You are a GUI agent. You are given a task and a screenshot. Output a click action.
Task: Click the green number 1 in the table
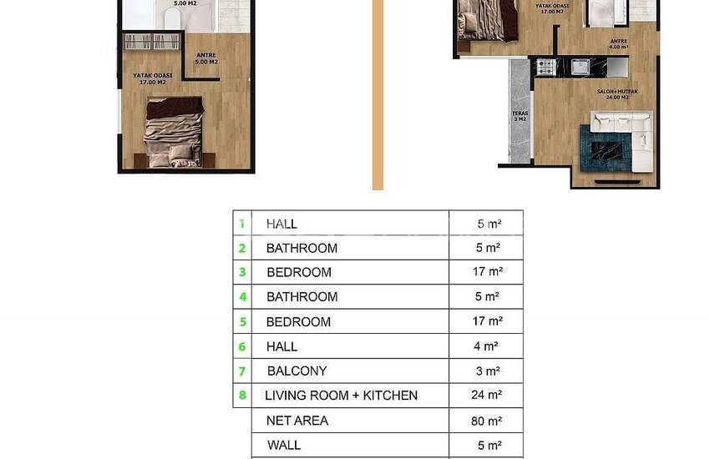(x=242, y=223)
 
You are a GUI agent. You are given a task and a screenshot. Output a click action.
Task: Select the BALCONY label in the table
(x=297, y=371)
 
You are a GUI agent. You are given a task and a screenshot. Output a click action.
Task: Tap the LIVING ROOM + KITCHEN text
(x=341, y=395)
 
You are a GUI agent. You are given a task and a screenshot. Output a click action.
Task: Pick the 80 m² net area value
(x=488, y=421)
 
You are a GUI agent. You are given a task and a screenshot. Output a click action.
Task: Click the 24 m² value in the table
(x=488, y=396)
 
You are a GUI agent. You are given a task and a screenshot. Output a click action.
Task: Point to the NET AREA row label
(x=297, y=421)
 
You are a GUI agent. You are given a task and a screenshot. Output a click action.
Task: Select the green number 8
(x=243, y=395)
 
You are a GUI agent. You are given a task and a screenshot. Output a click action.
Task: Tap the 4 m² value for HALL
(x=488, y=346)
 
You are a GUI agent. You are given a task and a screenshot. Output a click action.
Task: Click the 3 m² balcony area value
(x=488, y=371)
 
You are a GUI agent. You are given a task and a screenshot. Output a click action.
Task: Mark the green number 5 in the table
(x=243, y=321)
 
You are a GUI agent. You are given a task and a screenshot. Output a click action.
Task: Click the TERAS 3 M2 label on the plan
(x=519, y=117)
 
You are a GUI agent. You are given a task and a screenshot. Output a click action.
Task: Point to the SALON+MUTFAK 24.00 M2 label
(x=613, y=94)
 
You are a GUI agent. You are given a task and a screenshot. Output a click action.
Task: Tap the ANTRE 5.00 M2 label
(x=206, y=59)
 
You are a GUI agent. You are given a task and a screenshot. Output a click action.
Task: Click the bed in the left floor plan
(x=174, y=129)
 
